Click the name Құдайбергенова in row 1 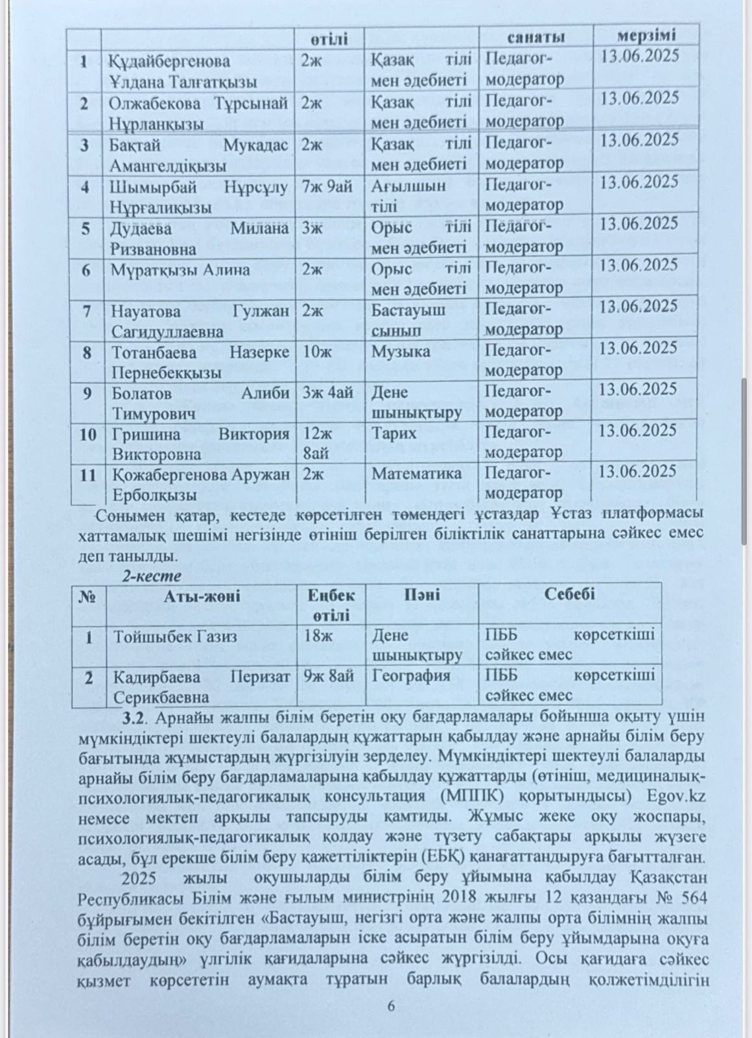pyautogui.click(x=169, y=62)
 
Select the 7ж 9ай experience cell pyautogui.click(x=327, y=186)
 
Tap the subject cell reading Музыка pyautogui.click(x=401, y=352)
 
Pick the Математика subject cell pyautogui.click(x=416, y=474)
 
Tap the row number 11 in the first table pyautogui.click(x=88, y=475)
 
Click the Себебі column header pyautogui.click(x=569, y=594)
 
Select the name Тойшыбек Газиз pyautogui.click(x=175, y=636)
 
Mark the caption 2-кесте pyautogui.click(x=152, y=575)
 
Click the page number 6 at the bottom pyautogui.click(x=390, y=1006)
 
